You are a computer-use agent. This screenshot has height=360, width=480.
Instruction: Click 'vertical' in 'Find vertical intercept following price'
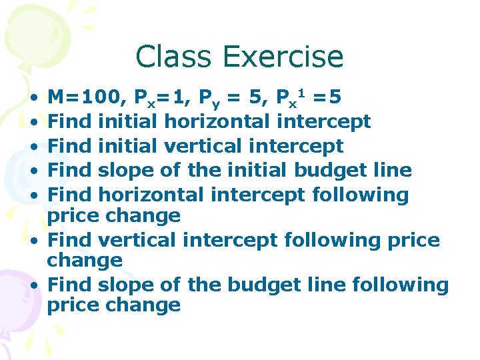coord(129,239)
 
